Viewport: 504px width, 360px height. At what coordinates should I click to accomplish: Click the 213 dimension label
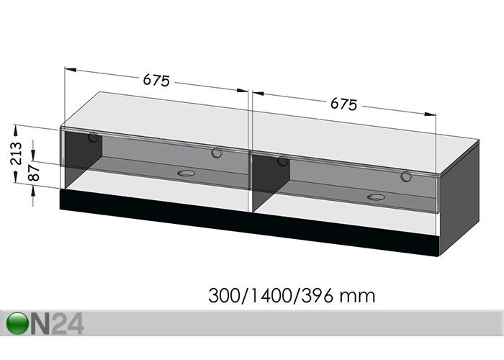18,153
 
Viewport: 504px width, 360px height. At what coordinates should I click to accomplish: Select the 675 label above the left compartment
156,81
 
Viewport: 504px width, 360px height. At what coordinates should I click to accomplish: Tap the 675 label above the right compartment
344,104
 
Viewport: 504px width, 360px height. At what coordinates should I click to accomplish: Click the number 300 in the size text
222,295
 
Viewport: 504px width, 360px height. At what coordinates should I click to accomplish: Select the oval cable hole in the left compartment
186,173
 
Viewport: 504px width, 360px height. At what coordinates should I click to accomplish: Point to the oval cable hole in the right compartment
376,197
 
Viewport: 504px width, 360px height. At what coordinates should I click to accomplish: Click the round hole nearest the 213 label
94,138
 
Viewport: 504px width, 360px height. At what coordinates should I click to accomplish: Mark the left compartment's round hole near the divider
216,153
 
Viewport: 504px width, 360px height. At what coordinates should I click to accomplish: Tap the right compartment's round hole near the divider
283,161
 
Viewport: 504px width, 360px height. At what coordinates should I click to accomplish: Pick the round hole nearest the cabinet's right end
406,176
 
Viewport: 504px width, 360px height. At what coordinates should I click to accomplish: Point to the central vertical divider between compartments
249,173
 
